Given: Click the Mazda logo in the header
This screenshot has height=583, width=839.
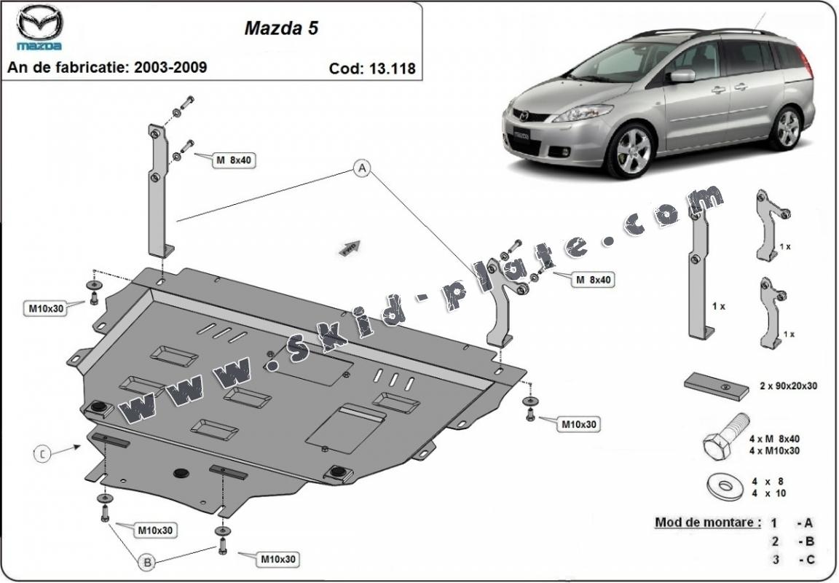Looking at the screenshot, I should pyautogui.click(x=40, y=28).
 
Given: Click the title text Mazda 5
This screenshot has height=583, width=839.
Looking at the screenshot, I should pyautogui.click(x=280, y=28).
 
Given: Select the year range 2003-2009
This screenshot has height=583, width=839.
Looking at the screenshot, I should pyautogui.click(x=170, y=67).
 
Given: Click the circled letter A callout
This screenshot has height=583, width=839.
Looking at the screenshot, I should pyautogui.click(x=361, y=169).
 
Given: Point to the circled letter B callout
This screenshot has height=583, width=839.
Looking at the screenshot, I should pyautogui.click(x=147, y=562).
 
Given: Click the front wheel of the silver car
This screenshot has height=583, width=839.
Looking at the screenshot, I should pyautogui.click(x=629, y=151).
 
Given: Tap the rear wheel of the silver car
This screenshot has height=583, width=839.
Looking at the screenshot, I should pyautogui.click(x=788, y=128).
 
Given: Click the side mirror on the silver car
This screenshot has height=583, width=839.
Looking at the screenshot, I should pyautogui.click(x=682, y=76).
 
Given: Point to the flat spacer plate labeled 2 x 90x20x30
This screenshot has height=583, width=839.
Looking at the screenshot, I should pyautogui.click(x=716, y=386).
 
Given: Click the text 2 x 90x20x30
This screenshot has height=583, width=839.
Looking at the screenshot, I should pyautogui.click(x=789, y=386).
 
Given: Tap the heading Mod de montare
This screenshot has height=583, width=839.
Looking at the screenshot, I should pyautogui.click(x=707, y=522).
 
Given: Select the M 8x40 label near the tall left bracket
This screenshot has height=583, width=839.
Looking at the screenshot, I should pyautogui.click(x=233, y=160).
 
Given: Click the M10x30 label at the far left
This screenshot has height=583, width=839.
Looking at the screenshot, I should pyautogui.click(x=47, y=308).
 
